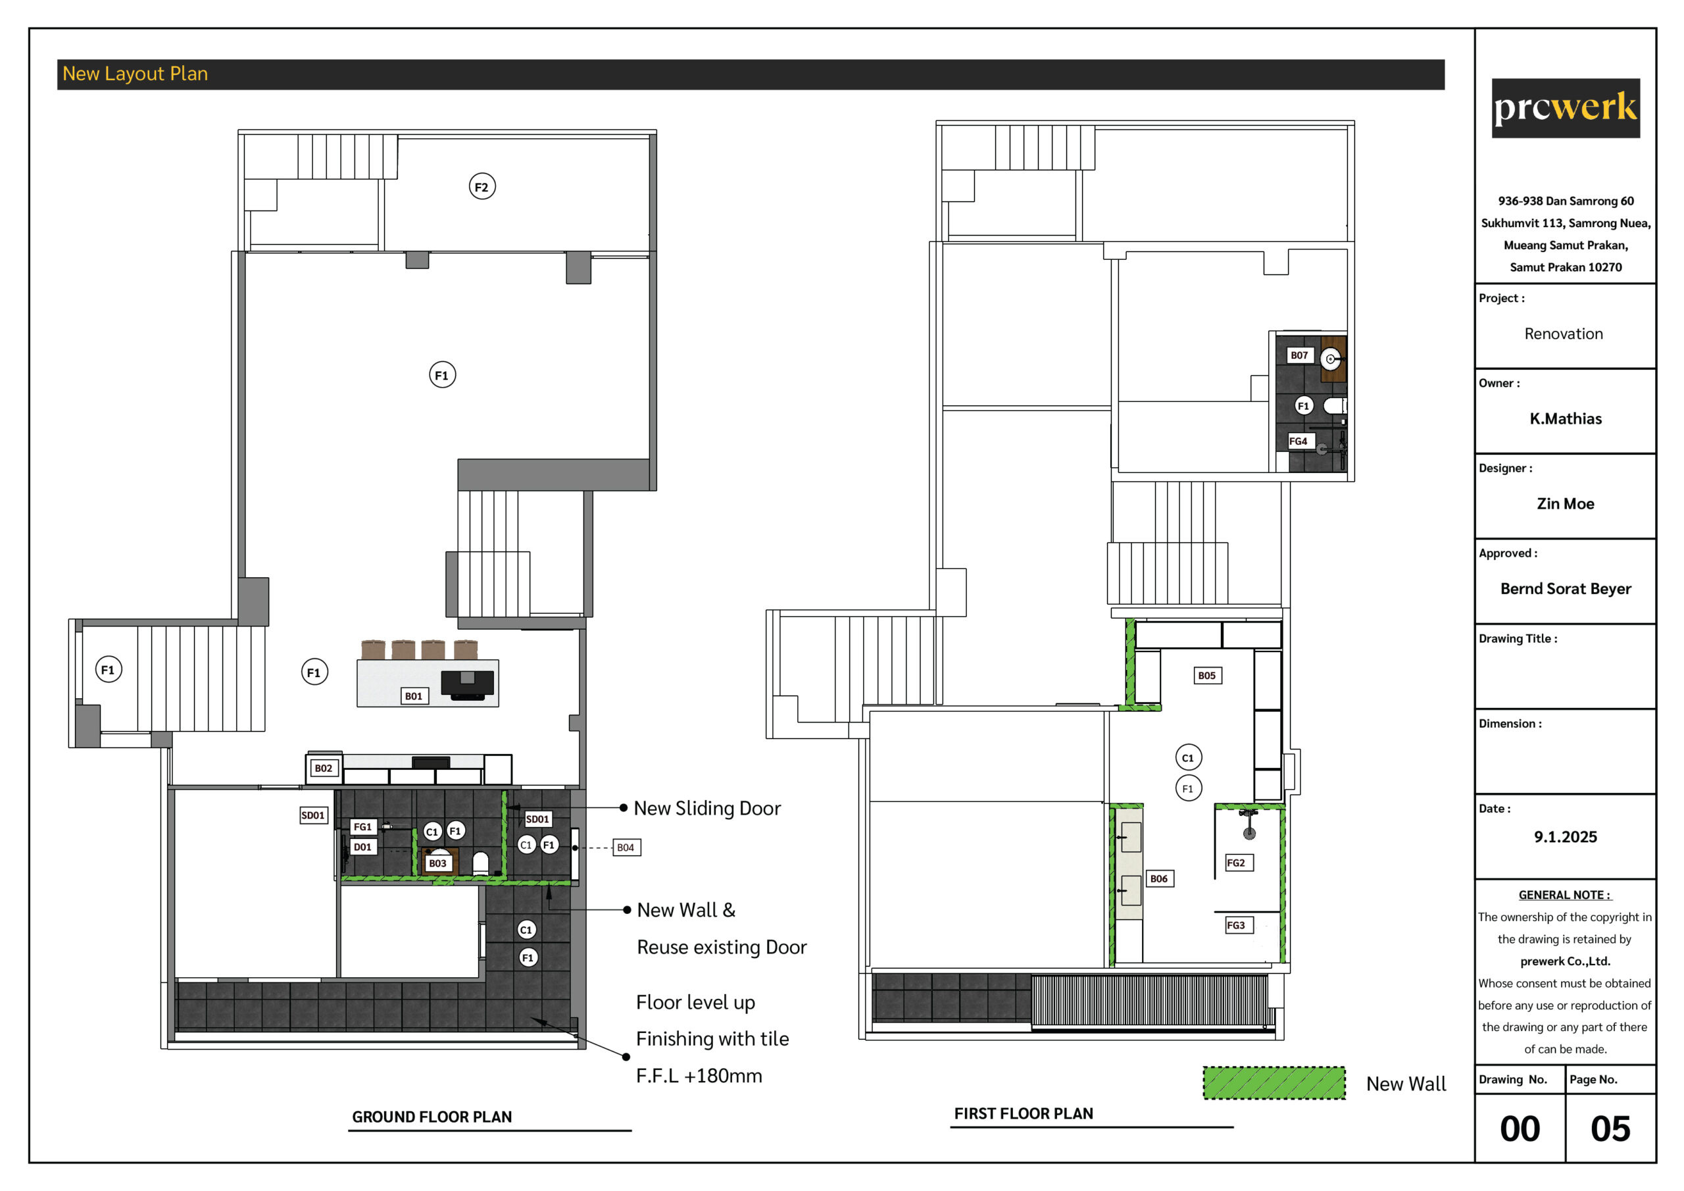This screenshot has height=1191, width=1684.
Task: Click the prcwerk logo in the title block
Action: point(1565,108)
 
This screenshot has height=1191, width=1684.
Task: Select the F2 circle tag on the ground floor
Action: point(482,186)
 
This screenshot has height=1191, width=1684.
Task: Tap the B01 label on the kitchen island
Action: point(414,696)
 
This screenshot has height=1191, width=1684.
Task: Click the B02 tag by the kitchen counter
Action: point(324,768)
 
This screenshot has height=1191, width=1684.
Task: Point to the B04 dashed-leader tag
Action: point(626,848)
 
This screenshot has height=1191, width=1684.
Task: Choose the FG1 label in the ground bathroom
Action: point(363,827)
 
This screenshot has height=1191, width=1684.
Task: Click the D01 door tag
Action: point(362,847)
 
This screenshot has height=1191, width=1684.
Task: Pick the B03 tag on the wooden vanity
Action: point(438,863)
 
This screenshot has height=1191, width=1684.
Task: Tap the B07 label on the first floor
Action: point(1299,355)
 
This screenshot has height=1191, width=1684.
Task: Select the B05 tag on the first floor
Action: point(1206,675)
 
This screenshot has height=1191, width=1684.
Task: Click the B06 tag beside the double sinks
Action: point(1159,878)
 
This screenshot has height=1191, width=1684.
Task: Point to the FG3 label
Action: point(1236,925)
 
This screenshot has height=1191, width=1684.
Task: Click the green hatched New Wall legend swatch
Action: point(1274,1083)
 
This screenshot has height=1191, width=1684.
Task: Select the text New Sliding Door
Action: point(707,808)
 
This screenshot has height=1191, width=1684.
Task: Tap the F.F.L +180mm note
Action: point(699,1076)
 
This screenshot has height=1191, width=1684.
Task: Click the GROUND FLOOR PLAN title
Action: point(432,1117)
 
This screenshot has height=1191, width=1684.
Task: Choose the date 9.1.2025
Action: point(1565,836)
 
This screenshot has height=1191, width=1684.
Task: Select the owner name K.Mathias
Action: point(1565,418)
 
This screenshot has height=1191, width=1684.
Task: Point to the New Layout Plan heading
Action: point(135,74)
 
